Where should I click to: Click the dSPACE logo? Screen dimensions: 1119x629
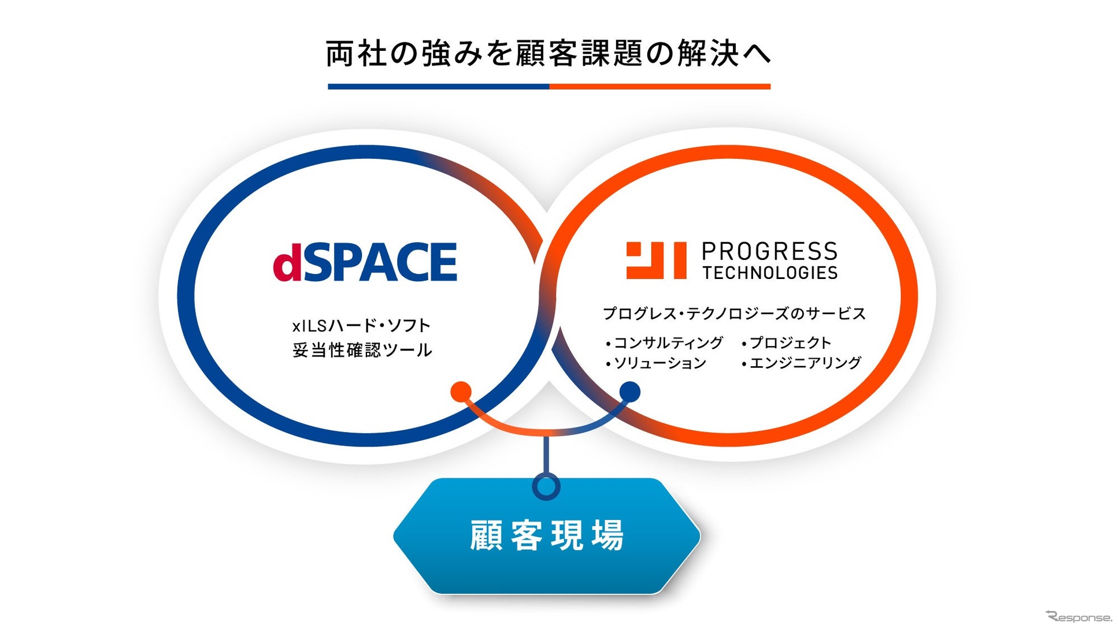[x=365, y=262]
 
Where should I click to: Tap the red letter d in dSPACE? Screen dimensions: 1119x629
[x=287, y=262]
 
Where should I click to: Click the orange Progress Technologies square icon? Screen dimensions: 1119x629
[x=656, y=260]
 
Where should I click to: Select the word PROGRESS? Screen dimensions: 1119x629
[x=769, y=252]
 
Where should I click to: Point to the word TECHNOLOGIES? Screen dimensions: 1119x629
[x=770, y=273]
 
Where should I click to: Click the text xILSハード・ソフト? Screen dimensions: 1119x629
[x=362, y=326]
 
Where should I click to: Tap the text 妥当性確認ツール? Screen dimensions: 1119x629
[x=362, y=350]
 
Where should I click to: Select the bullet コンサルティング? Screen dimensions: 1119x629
[x=664, y=343]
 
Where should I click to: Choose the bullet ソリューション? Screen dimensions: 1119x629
[x=656, y=363]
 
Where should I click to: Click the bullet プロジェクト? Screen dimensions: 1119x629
[x=787, y=343]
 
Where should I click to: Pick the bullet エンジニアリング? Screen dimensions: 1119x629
[x=802, y=363]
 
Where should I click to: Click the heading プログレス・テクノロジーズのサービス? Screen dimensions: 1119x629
[x=734, y=314]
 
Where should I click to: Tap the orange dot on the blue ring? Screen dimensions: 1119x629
[x=461, y=392]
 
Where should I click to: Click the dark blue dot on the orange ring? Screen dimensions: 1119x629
[x=629, y=392]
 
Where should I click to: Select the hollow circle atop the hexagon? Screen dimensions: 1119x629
[x=546, y=486]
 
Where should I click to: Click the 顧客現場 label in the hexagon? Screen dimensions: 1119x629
[x=547, y=535]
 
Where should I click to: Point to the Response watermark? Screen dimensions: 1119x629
[x=1079, y=616]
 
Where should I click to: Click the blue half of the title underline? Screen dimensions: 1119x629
[x=439, y=87]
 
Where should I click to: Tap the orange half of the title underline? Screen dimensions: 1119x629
[x=660, y=87]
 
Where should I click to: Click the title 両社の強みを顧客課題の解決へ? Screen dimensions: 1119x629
[x=549, y=54]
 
